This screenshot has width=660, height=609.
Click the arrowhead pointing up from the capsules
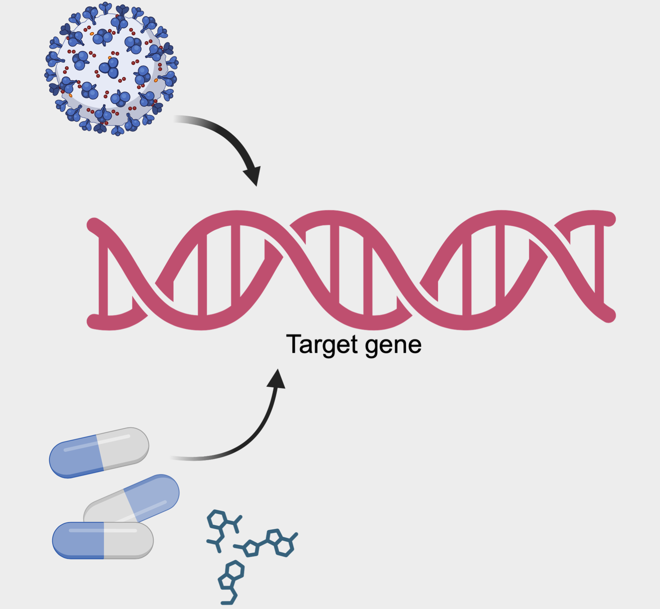pos(277,380)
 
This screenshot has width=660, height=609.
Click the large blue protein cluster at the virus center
pos(110,68)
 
